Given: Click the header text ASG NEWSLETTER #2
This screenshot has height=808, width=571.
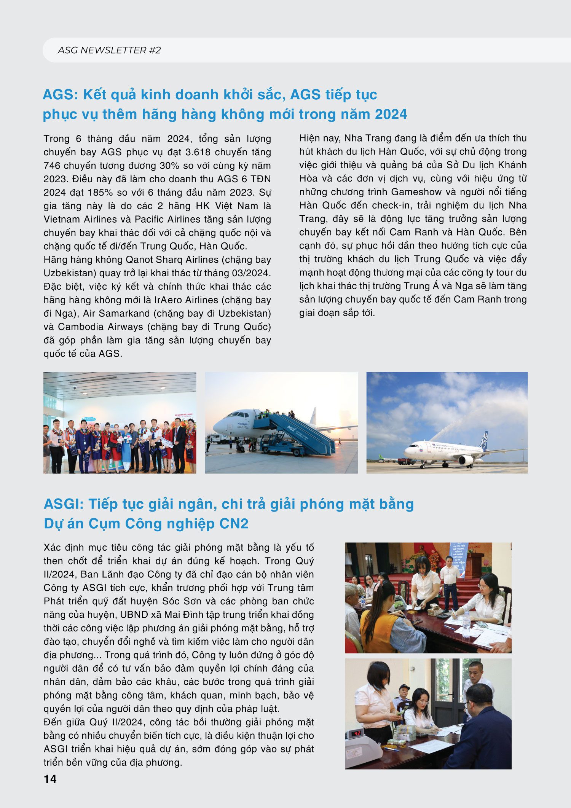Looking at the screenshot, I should click(109, 50).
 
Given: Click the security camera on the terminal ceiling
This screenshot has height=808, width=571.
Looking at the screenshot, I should click(74, 387).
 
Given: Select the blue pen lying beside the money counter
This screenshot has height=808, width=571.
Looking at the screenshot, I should click(390, 749).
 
